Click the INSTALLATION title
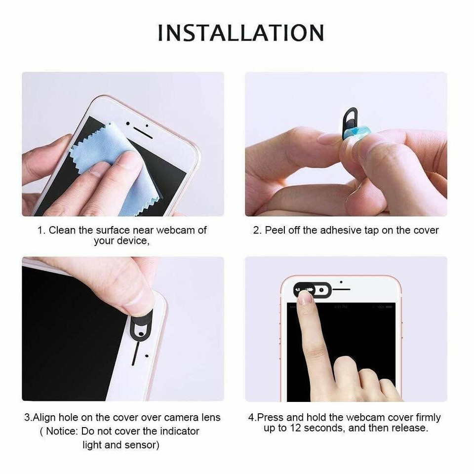coord(240,33)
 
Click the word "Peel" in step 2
coord(275,230)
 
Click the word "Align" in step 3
coord(45,417)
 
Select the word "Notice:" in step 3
coord(62,431)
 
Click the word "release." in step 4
coord(409,428)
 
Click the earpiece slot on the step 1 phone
coord(143,134)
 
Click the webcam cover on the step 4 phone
coord(313,289)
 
